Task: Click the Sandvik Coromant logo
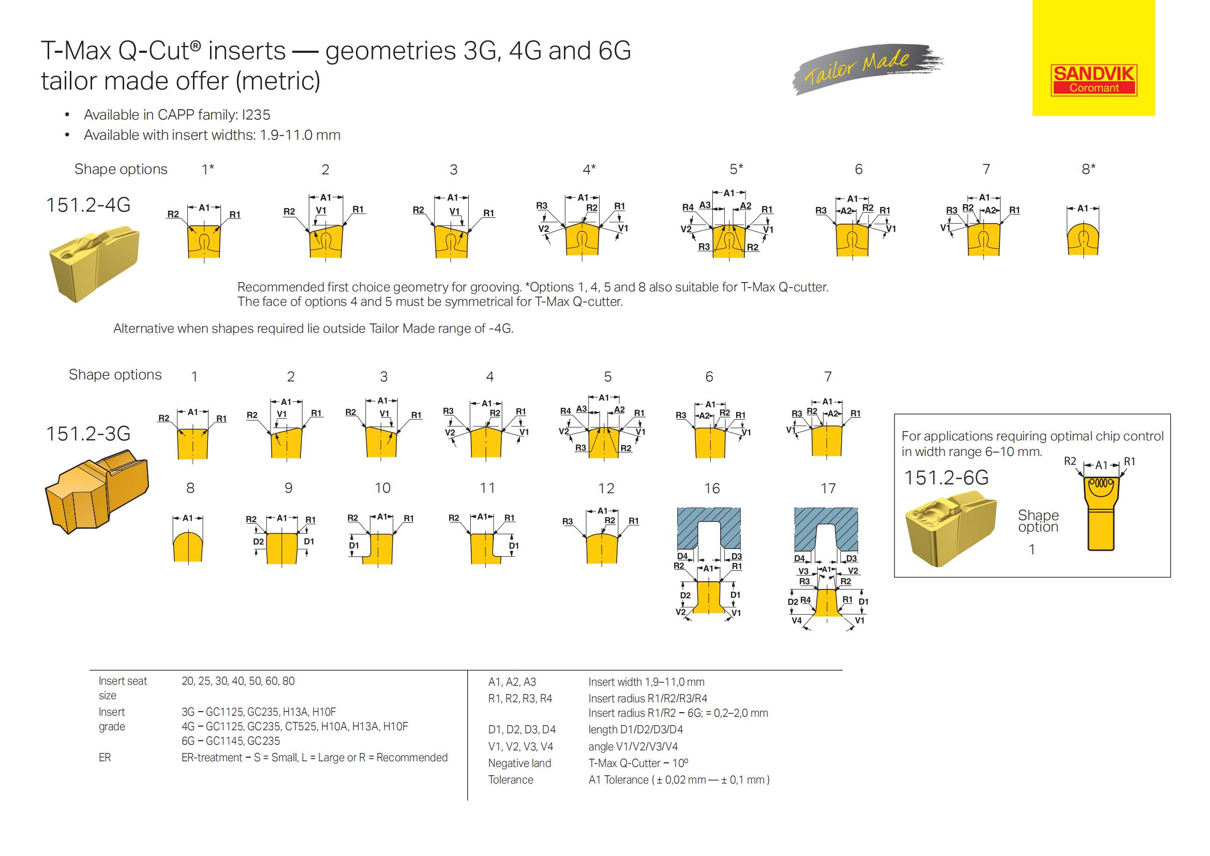click(x=1094, y=81)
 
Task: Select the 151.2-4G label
click(x=88, y=204)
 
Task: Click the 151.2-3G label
click(x=88, y=433)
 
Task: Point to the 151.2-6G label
click(x=946, y=478)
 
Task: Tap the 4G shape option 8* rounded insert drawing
click(x=1083, y=239)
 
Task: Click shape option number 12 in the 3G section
click(x=606, y=489)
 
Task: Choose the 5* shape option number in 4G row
click(x=736, y=169)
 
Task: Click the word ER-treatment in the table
click(x=212, y=758)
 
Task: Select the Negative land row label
click(x=519, y=763)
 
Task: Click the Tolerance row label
click(x=510, y=779)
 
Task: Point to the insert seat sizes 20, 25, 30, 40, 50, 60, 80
click(x=237, y=681)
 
